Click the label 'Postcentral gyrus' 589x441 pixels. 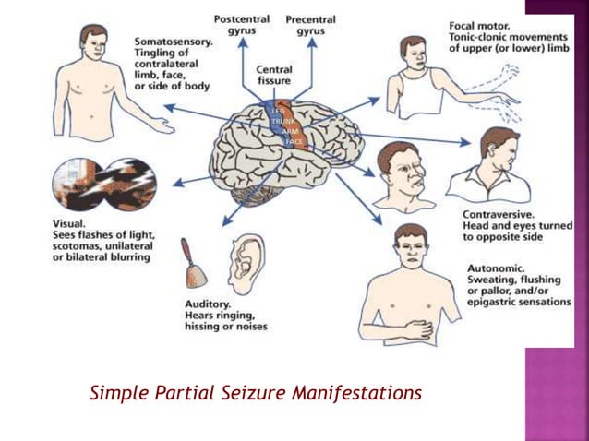(242, 25)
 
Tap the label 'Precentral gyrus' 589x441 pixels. (310, 25)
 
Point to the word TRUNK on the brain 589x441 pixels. (282, 122)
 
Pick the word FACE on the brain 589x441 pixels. (294, 142)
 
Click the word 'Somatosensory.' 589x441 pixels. (174, 42)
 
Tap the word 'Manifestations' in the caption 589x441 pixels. (362, 393)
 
